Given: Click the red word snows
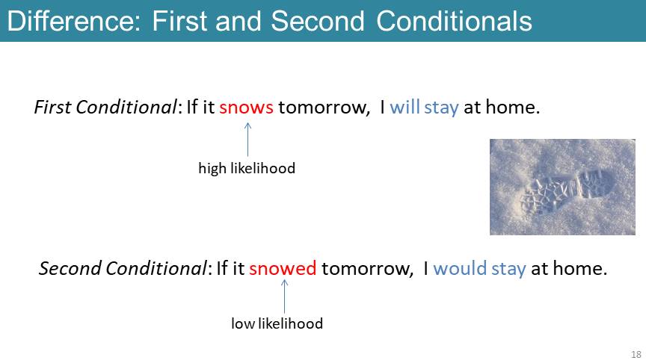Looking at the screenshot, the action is click(246, 108).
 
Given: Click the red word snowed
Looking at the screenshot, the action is click(283, 268).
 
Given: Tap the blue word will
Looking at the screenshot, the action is click(404, 107).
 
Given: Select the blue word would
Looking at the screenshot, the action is click(460, 268).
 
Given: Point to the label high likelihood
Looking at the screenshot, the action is click(247, 168).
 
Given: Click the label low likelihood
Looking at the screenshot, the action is click(277, 323).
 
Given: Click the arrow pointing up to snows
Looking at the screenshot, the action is click(247, 139).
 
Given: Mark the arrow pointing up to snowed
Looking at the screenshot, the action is click(284, 297).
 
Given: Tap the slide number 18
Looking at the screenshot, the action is click(636, 354).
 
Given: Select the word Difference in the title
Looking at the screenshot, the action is click(74, 21).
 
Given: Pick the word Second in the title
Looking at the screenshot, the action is click(318, 21).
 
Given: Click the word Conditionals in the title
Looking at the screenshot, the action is click(454, 21).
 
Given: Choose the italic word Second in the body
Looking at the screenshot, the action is click(70, 268).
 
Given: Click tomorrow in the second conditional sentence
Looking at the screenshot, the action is click(367, 269).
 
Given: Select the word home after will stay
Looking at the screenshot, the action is click(512, 107).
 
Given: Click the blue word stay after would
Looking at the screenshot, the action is click(509, 269).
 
